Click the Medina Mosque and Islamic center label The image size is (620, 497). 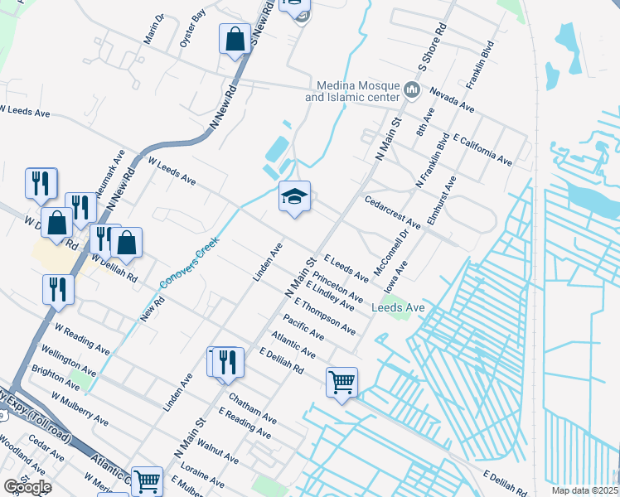pyautogui.click(x=352, y=91)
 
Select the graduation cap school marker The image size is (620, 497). pyautogui.click(x=294, y=197)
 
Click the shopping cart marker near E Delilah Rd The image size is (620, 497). pyautogui.click(x=341, y=382)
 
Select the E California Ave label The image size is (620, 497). pyautogui.click(x=482, y=147)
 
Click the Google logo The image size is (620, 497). pyautogui.click(x=27, y=487)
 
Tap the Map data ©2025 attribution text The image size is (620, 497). pyautogui.click(x=585, y=490)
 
